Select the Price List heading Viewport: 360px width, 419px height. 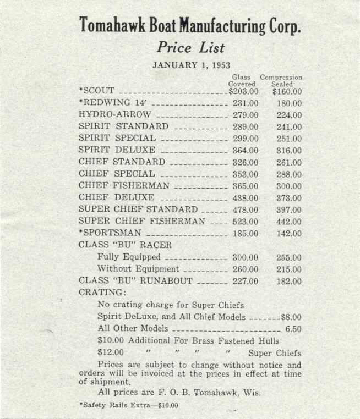190,47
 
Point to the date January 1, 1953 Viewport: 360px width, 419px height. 190,64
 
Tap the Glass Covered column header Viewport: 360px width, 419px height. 242,81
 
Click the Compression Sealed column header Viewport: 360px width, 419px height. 281,81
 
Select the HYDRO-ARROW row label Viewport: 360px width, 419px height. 114,115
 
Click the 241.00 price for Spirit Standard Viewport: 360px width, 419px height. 289,127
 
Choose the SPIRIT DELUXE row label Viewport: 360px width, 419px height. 117,150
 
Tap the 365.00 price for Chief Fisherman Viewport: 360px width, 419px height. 245,186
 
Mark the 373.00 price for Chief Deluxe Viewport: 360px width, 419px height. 289,198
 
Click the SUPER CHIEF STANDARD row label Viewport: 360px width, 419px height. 138,209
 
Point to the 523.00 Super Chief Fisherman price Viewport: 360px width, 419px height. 245,222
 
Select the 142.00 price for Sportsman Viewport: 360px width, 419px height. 289,234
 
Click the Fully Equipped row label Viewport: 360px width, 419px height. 129,257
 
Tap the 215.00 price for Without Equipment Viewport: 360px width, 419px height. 289,269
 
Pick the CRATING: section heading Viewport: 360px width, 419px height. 102,293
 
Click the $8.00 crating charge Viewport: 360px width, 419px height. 291,317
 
